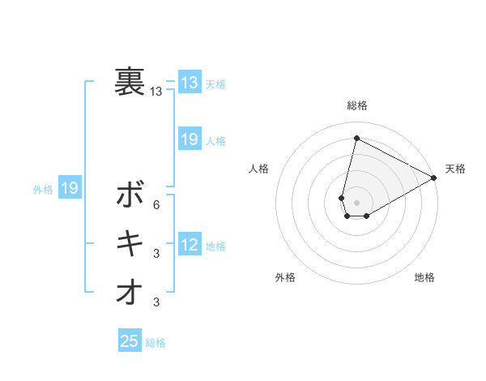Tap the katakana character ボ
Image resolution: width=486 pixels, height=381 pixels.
[130, 195]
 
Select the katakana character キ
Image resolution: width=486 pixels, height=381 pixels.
[130, 243]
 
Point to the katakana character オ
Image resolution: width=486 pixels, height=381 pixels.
[130, 292]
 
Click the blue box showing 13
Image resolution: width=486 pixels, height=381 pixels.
[189, 83]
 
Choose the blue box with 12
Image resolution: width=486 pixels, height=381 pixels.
[189, 245]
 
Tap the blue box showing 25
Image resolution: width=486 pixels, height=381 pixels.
[129, 341]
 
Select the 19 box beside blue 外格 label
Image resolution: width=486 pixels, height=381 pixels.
[69, 189]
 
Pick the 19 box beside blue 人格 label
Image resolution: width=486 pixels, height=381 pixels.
[189, 139]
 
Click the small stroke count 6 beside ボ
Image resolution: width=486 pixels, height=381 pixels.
[156, 204]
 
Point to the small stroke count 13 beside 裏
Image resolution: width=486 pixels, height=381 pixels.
[156, 92]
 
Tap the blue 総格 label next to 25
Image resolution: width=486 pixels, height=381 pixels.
[156, 343]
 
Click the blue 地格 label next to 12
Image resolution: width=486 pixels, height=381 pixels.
[215, 246]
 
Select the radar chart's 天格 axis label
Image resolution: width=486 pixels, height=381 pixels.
[455, 169]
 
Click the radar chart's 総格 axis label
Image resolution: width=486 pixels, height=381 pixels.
[357, 106]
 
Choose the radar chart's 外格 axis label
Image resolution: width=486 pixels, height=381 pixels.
[285, 277]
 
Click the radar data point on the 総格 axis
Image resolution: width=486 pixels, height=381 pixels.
[356, 138]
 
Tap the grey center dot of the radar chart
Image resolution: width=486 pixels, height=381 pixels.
[356, 203]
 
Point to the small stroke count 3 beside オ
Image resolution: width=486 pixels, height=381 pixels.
[156, 302]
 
